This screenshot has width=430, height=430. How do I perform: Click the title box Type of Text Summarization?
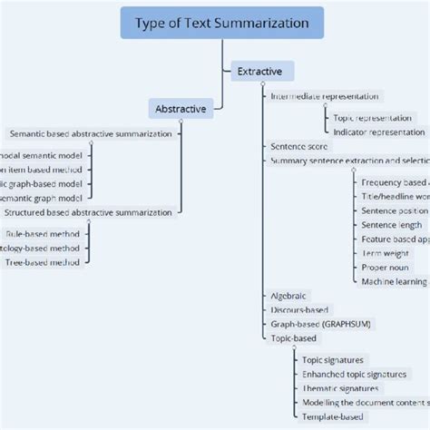[222, 23]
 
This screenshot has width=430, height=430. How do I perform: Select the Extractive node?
[259, 71]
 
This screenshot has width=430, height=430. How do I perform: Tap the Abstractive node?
[182, 109]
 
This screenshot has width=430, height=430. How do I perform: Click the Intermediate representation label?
[325, 95]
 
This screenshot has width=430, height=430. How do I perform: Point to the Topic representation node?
[372, 118]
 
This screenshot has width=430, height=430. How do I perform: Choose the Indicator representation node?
[377, 132]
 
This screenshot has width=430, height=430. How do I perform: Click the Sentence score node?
[300, 146]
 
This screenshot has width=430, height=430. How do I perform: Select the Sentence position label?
[394, 210]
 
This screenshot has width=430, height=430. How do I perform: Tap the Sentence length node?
[391, 225]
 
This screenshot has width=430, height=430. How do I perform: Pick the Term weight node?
[385, 253]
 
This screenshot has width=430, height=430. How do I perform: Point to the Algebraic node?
[288, 296]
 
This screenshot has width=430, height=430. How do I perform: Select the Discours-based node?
[299, 309]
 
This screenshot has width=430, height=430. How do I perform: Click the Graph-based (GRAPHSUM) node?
[320, 324]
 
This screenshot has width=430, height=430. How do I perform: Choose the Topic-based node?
[294, 337]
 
